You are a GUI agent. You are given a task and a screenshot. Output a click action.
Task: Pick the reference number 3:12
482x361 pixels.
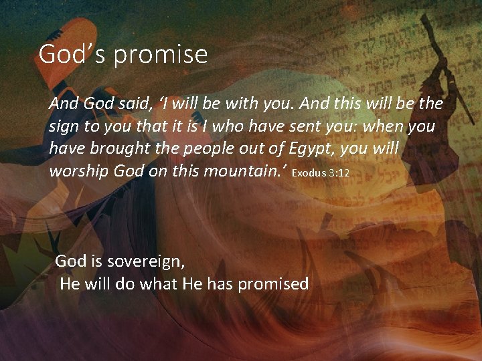coord(339,173)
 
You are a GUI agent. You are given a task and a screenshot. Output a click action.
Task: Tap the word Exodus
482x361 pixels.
coord(309,173)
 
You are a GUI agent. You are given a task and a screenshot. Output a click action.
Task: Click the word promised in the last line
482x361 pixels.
coord(272,284)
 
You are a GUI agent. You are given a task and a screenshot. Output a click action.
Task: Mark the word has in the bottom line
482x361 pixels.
coord(220,284)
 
